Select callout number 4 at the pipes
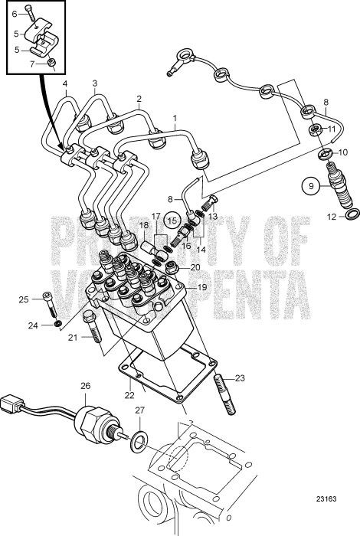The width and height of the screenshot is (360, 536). pos(65,83)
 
